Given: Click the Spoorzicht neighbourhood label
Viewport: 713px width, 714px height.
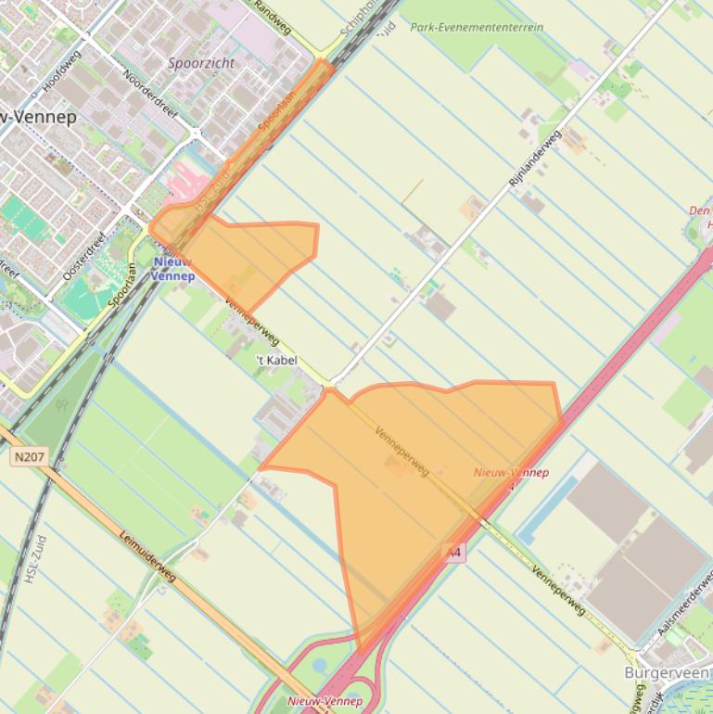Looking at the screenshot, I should (201, 63).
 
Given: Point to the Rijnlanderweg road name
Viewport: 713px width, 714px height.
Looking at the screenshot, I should (535, 160).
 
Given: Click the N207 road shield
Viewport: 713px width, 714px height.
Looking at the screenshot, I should (28, 457).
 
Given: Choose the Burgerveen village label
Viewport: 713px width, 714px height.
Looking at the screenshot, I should (666, 672).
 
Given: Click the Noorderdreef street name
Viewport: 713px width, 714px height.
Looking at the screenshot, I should (148, 93).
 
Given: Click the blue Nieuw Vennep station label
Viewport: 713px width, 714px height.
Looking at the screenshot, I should (172, 269).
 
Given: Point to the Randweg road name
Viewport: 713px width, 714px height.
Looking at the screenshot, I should (273, 16).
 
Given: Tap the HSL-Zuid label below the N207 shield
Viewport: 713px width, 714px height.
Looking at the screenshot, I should (33, 564).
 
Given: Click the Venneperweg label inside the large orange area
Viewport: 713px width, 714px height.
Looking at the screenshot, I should (401, 452).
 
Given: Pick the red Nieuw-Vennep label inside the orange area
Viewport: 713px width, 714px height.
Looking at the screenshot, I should (510, 473).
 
